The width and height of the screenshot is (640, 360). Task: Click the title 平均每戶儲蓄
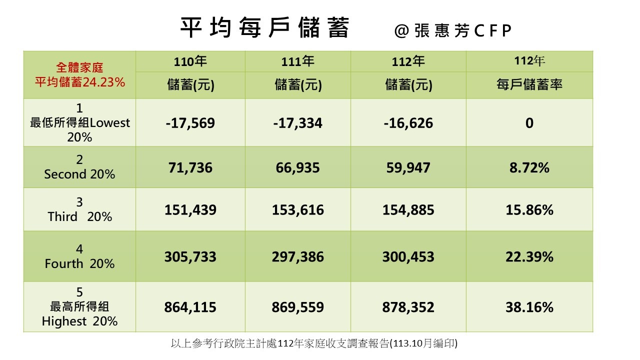264,28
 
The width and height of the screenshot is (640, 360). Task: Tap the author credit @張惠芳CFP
453,31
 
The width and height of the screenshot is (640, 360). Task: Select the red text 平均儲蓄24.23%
79,82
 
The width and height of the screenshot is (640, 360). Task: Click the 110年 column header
190,62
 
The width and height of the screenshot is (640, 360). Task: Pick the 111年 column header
298,62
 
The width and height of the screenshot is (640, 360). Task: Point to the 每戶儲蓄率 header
529,85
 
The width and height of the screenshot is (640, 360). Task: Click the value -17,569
190,123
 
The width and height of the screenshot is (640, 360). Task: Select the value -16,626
408,123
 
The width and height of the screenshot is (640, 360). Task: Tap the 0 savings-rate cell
529,123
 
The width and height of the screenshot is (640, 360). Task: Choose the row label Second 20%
79,174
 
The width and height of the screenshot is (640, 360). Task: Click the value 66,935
298,167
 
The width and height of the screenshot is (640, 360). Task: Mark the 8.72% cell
529,167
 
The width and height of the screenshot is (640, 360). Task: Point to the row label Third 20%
79,216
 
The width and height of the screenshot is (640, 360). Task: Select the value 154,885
408,210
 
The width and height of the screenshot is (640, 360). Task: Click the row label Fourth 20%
79,263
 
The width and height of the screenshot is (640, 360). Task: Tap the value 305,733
190,257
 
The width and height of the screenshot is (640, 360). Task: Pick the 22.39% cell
529,257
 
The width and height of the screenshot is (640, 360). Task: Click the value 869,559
298,307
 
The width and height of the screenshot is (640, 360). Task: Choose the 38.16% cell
529,307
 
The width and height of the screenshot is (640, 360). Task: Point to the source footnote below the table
314,343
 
